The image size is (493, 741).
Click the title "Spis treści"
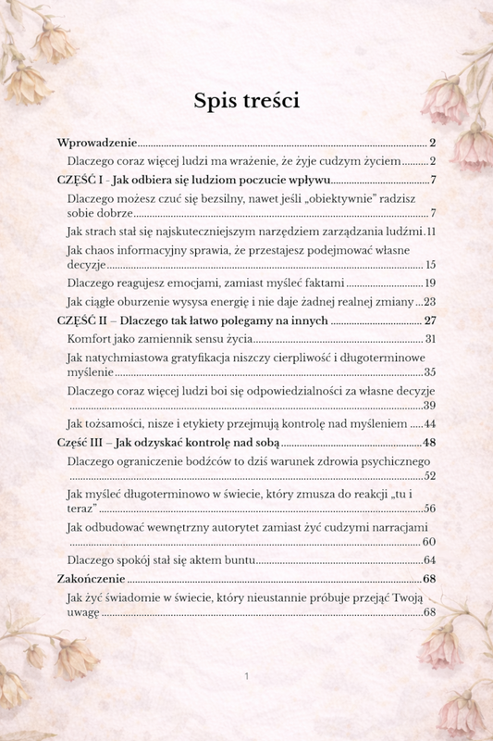246,99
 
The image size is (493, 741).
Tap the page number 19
430,283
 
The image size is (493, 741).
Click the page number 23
430,302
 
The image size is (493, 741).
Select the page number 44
430,423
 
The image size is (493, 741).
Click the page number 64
430,560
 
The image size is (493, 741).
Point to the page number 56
430,509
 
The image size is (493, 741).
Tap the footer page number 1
247,677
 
